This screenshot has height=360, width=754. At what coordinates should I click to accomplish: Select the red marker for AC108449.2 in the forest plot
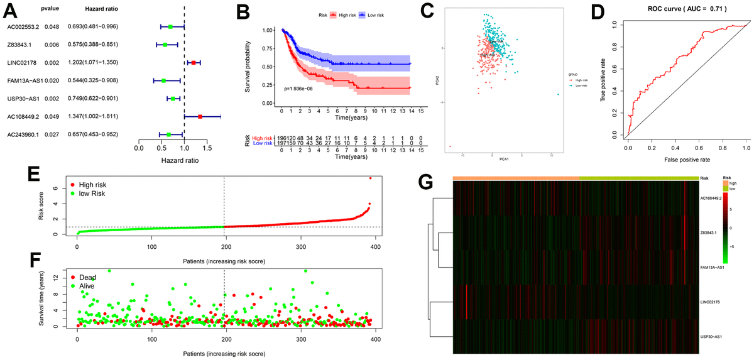click(200, 116)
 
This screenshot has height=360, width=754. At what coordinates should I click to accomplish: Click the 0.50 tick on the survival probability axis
click(270, 67)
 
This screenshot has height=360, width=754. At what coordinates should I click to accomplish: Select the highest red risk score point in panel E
click(370, 178)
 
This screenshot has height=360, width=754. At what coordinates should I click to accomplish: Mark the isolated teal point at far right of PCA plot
click(557, 94)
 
